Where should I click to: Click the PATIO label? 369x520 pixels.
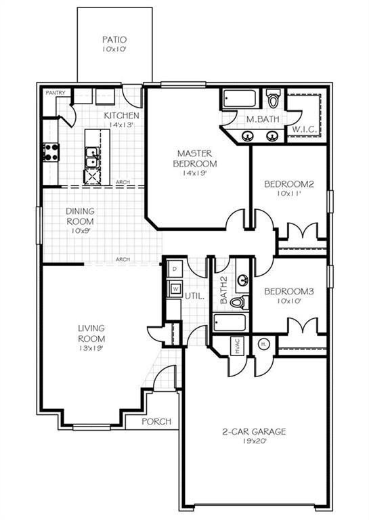(114, 40)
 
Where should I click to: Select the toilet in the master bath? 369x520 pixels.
(273, 100)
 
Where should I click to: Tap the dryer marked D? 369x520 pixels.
(175, 269)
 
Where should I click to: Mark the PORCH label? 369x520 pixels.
(156, 421)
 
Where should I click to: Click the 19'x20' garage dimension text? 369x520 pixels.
(254, 441)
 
